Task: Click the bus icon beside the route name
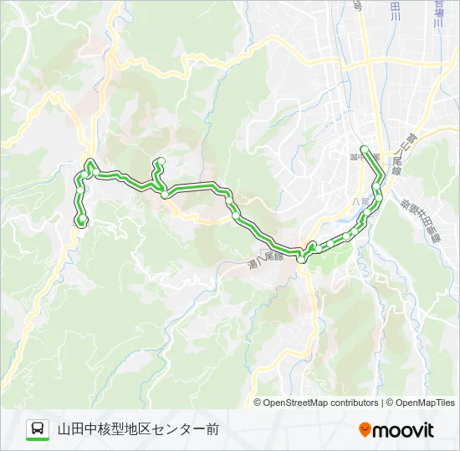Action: click(x=38, y=429)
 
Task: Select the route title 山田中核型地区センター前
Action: click(x=138, y=429)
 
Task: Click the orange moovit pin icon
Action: click(x=365, y=430)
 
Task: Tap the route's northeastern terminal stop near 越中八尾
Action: click(x=364, y=149)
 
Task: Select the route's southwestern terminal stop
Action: click(x=82, y=222)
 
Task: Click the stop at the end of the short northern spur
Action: click(x=161, y=161)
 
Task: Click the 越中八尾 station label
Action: click(x=355, y=155)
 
